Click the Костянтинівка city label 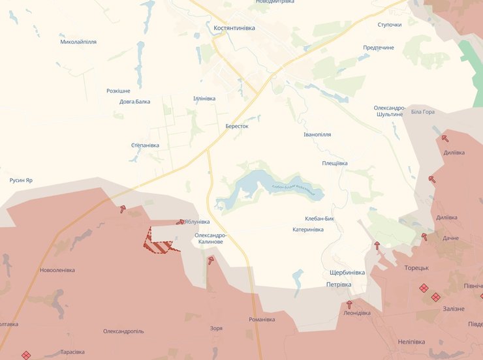coord(234,29)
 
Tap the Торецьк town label coord(416,267)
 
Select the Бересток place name coord(237,126)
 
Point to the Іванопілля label coord(317,134)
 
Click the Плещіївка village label coord(335,163)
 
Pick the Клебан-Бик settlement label coord(319,218)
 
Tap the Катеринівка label coord(308,230)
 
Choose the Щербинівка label coord(347,273)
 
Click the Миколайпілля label coord(78,42)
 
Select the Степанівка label coord(145,145)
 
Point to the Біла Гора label coord(423,112)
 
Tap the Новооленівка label coord(57,270)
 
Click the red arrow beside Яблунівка coord(180,222)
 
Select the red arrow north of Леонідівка coord(349,304)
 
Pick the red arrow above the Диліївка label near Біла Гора coord(445,138)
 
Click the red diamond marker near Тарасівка coord(26,355)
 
